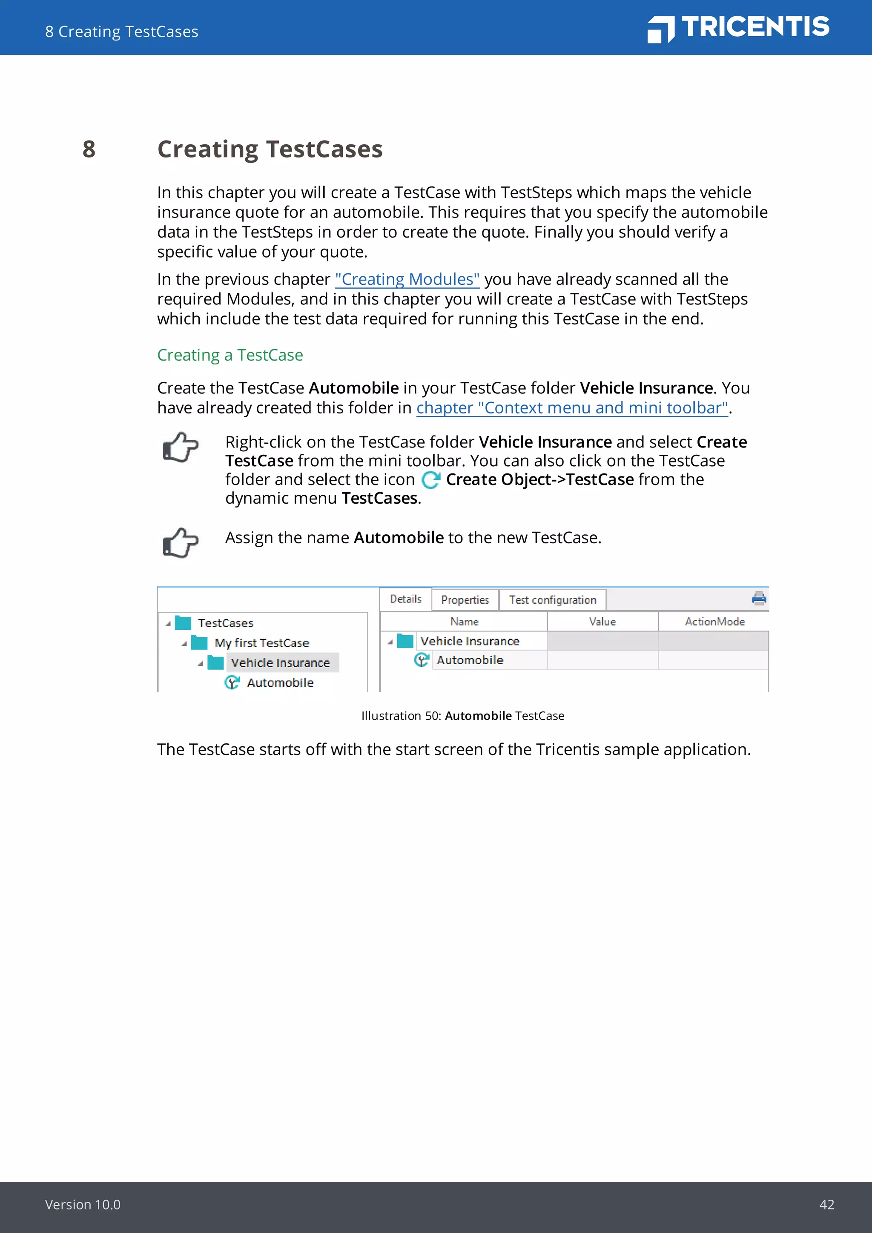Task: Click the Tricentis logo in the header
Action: tap(738, 28)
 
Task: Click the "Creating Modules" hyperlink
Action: tap(407, 279)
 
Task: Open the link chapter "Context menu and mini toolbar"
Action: tap(572, 408)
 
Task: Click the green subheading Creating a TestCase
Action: tap(230, 355)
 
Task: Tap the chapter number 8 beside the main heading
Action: tap(89, 149)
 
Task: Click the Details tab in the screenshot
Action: tap(405, 599)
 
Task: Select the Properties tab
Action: tap(465, 600)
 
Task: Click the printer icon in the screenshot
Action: tap(759, 598)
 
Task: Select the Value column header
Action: tap(602, 621)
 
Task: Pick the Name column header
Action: tap(464, 621)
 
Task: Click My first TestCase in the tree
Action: tap(261, 643)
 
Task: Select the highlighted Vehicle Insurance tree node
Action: tap(280, 662)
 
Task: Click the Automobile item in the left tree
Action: tap(280, 682)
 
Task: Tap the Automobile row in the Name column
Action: tap(469, 660)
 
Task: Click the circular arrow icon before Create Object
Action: tap(430, 479)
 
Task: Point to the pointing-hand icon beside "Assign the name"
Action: tap(181, 542)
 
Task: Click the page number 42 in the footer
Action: tap(826, 1204)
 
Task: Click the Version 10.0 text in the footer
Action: tap(83, 1204)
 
